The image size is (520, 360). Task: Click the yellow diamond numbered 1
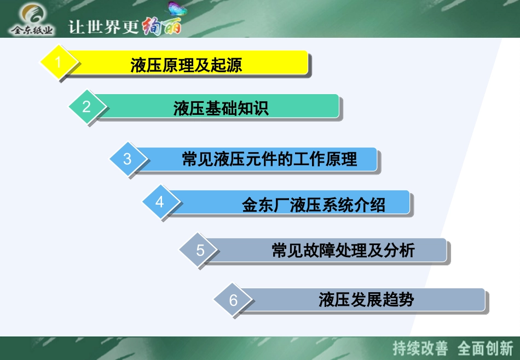click(x=58, y=62)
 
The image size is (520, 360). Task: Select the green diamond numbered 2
click(x=86, y=106)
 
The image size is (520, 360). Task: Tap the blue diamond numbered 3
click(x=128, y=159)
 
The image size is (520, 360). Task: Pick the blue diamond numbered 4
click(x=160, y=202)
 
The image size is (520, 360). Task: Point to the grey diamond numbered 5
click(x=200, y=250)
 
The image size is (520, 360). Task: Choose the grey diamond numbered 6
click(x=234, y=300)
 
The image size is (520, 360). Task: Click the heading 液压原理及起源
click(x=186, y=65)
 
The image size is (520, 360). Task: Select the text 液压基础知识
click(x=221, y=108)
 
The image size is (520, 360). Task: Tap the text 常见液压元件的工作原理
click(x=269, y=159)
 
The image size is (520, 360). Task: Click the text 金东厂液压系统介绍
click(x=314, y=205)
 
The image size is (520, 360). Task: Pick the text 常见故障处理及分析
click(x=343, y=251)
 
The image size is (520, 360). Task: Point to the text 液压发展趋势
click(x=366, y=300)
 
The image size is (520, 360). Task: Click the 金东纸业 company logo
click(x=33, y=19)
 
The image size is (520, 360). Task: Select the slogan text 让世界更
click(x=103, y=27)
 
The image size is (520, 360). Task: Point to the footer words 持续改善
click(x=420, y=348)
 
